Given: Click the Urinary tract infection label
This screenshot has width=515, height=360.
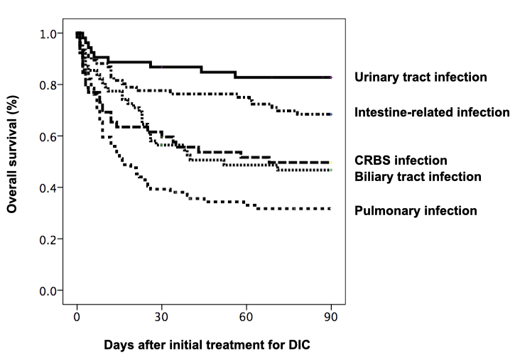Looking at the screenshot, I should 421,77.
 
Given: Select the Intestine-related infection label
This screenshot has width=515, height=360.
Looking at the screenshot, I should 432,112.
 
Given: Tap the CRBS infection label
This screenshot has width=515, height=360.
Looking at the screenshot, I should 401,160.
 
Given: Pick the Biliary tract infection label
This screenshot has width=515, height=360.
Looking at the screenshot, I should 418,176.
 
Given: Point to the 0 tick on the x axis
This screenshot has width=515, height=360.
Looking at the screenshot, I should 77,317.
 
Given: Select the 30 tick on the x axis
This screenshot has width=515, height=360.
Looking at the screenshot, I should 161,317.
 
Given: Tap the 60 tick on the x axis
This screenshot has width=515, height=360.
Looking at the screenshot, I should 246,317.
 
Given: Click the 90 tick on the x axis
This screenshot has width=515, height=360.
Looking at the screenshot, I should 330,317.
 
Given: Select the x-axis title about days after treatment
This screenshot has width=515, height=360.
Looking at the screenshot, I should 207,345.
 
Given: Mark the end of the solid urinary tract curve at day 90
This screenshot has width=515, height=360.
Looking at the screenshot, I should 330,77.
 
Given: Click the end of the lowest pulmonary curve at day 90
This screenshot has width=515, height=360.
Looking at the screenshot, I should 330,208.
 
